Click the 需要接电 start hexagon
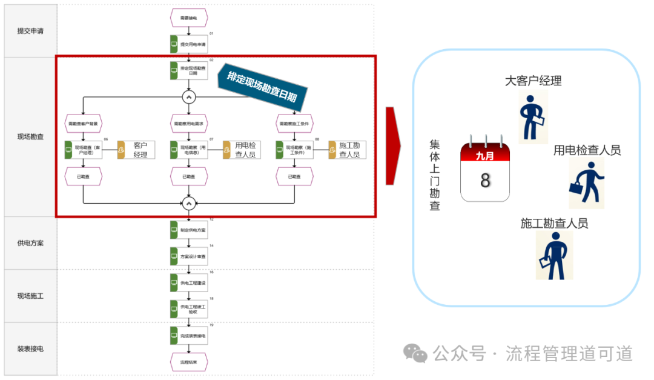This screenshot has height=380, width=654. [189, 19]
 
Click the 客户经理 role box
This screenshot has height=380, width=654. [136, 150]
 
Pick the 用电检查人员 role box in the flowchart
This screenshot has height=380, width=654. [240, 150]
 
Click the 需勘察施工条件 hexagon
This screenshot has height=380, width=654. [294, 124]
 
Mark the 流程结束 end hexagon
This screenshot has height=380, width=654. [189, 362]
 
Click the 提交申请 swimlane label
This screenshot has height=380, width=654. [30, 32]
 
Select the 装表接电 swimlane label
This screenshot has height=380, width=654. [30, 348]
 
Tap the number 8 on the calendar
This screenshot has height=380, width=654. [485, 181]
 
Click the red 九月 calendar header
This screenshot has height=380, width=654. [485, 155]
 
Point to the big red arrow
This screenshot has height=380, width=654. [394, 145]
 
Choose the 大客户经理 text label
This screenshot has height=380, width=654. [533, 81]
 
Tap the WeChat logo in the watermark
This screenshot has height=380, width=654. [415, 353]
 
